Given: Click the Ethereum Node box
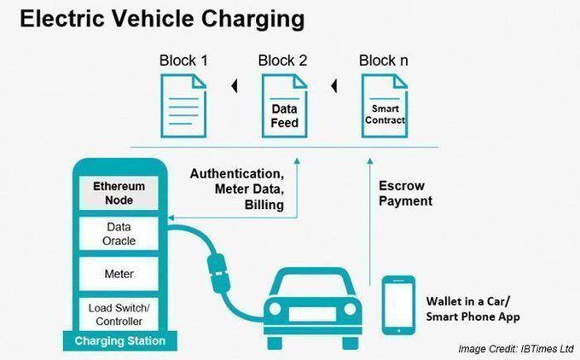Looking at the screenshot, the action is (x=119, y=193).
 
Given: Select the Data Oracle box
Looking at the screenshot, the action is (x=119, y=234).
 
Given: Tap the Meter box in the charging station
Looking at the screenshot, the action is (x=119, y=274).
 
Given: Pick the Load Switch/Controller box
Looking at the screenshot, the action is (x=119, y=314).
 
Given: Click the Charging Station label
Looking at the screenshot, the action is (x=120, y=340).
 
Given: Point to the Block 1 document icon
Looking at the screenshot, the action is (x=183, y=106).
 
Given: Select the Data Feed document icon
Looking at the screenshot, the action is (x=284, y=106).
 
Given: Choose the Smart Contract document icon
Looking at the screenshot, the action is (x=385, y=106).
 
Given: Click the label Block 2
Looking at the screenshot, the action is (x=282, y=61).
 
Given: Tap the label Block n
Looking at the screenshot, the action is (x=384, y=61).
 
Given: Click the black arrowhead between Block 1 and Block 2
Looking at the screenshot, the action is (x=235, y=86).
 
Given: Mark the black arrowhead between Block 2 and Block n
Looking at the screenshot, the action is (x=334, y=86).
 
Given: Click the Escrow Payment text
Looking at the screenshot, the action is (x=405, y=193).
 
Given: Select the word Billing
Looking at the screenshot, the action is (x=264, y=205).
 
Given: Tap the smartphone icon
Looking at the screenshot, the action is (x=398, y=305).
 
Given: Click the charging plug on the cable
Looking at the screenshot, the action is (x=218, y=273).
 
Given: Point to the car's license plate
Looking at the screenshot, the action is (x=312, y=314).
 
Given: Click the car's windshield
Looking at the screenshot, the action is (x=313, y=284).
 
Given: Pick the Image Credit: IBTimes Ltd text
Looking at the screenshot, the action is (x=516, y=349).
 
